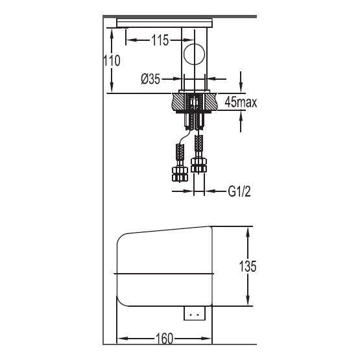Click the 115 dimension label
click(160, 40)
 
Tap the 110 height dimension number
click(112, 61)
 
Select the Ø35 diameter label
click(150, 79)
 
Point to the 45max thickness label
click(241, 102)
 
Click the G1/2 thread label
click(239, 191)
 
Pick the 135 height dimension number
click(248, 266)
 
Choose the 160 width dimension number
click(164, 339)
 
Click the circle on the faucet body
click(194, 54)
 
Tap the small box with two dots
click(195, 313)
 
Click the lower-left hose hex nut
click(180, 174)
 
